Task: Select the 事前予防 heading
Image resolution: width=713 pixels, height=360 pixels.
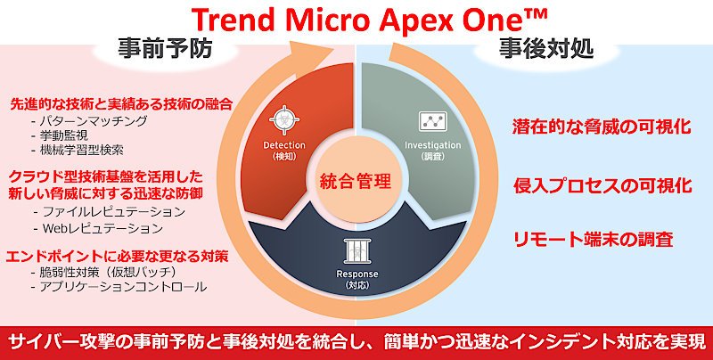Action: point(165,49)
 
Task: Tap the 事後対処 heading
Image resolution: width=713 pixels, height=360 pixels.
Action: point(546,49)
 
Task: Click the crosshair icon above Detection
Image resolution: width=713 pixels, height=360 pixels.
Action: point(284,120)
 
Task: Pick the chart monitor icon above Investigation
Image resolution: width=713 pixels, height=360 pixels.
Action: point(432,121)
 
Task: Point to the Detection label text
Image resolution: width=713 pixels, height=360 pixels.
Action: point(284,145)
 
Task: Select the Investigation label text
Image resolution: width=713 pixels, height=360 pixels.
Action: point(432,145)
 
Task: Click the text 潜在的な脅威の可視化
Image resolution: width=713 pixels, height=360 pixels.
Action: point(602,127)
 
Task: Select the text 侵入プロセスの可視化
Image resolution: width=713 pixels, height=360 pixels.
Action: point(602,185)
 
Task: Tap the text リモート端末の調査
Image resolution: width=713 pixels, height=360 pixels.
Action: point(594,239)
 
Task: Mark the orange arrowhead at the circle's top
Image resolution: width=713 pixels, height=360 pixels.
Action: point(313,52)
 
